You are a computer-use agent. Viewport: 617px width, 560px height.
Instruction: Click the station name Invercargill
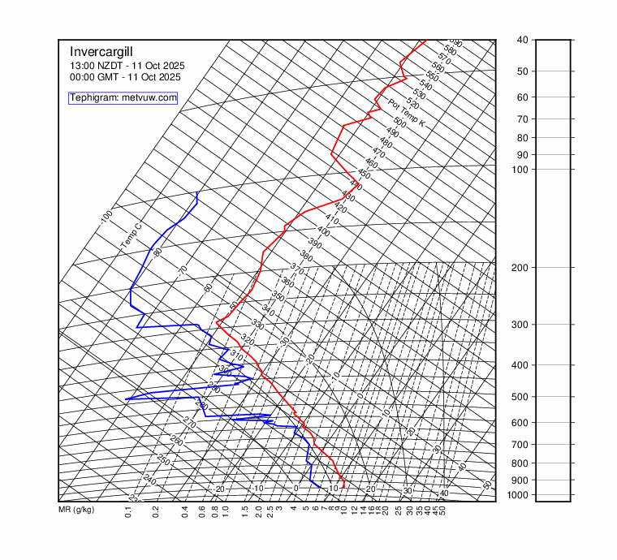pyautogui.click(x=101, y=50)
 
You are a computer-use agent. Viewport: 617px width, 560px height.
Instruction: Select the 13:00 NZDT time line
pyautogui.click(x=127, y=65)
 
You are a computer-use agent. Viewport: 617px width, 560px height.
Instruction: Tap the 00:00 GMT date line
pyautogui.click(x=125, y=77)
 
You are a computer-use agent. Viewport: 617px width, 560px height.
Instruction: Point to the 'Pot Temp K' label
pyautogui.click(x=407, y=113)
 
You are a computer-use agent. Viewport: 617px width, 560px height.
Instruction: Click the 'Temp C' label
pyautogui.click(x=131, y=236)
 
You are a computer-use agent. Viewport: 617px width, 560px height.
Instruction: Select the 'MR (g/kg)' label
pyautogui.click(x=76, y=510)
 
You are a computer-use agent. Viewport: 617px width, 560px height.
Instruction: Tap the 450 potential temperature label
pyautogui.click(x=364, y=174)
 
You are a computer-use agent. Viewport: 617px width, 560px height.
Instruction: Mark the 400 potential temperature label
pyautogui.click(x=323, y=231)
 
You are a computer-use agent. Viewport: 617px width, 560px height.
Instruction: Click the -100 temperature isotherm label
pyautogui.click(x=106, y=218)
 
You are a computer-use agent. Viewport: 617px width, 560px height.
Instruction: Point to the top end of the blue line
pyautogui.click(x=197, y=192)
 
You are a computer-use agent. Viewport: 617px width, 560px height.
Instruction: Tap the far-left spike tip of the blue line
pyautogui.click(x=126, y=399)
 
